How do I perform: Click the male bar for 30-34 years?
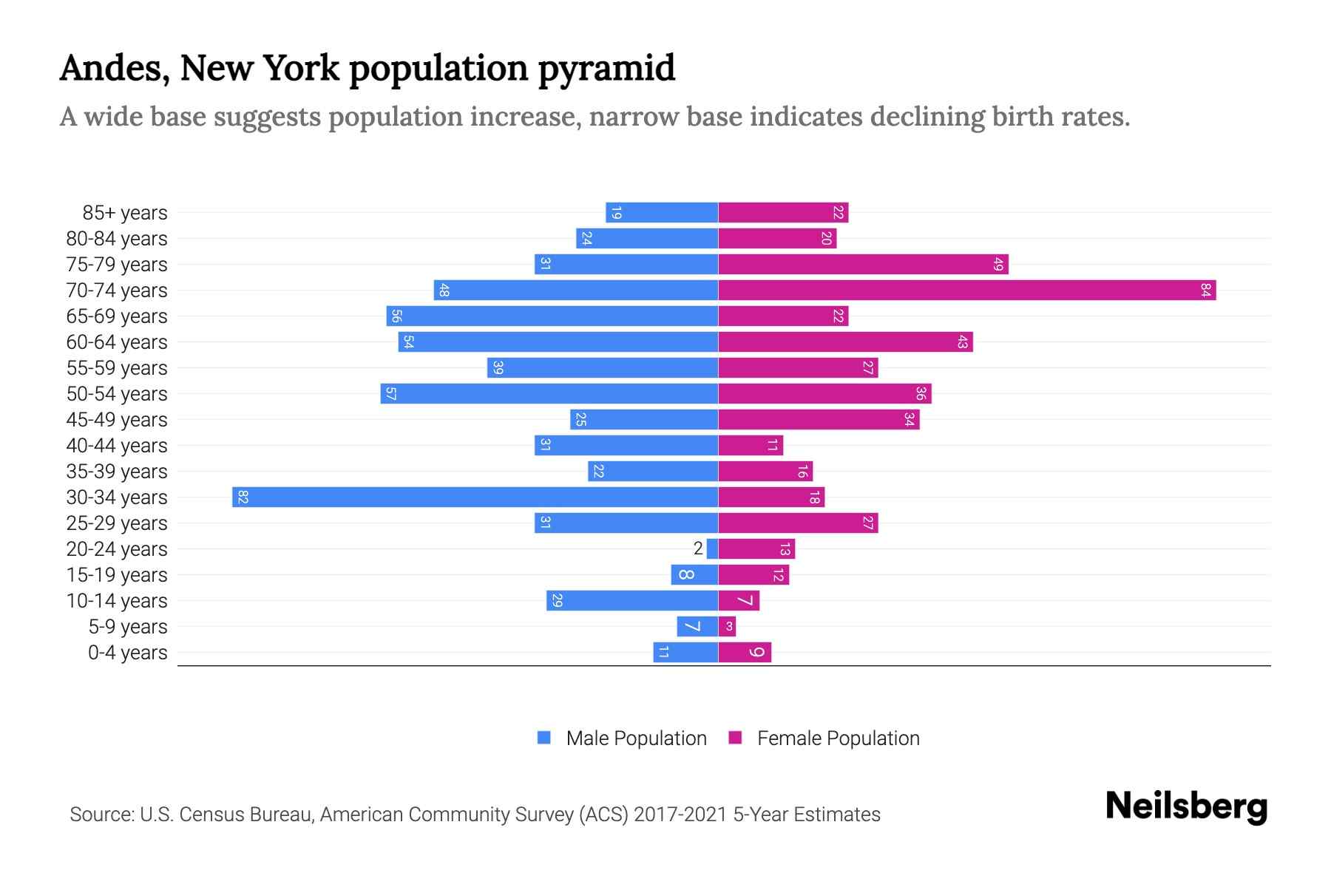click(x=475, y=497)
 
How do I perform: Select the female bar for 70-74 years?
click(x=966, y=290)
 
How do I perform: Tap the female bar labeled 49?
click(x=863, y=264)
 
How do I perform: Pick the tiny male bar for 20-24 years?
click(x=712, y=548)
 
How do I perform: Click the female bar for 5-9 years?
click(x=727, y=626)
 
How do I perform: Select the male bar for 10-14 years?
click(x=632, y=600)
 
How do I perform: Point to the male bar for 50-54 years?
click(x=549, y=393)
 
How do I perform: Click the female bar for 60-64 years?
click(x=845, y=341)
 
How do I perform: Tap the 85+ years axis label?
click(x=124, y=213)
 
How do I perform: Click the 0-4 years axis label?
click(x=127, y=653)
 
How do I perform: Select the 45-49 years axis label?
click(x=117, y=420)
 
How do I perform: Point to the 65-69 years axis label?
click(x=117, y=316)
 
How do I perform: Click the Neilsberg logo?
click(x=1186, y=806)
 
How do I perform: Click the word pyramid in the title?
click(x=606, y=69)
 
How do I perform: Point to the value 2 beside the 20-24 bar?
click(x=697, y=548)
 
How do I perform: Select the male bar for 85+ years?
click(x=662, y=212)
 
